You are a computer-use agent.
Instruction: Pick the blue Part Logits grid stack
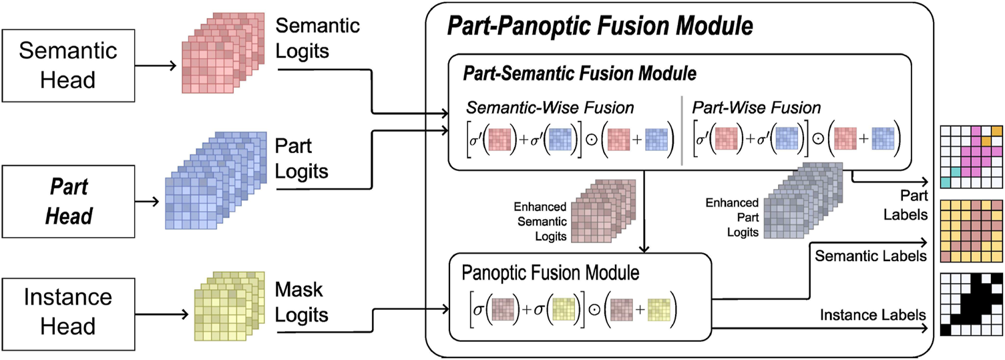210,180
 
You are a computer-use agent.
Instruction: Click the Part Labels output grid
971,156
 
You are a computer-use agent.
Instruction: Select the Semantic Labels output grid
971,231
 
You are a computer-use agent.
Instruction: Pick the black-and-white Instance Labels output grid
971,303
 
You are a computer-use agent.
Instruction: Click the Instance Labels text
872,314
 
